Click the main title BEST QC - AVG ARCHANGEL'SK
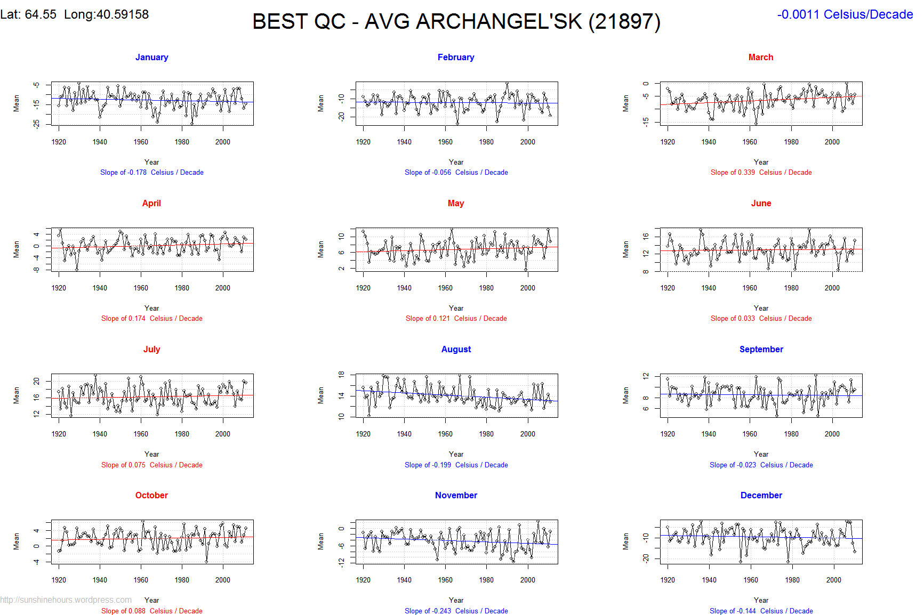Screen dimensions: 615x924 click(456, 22)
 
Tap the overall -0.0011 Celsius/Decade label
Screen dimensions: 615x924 click(845, 14)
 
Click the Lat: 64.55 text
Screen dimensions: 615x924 click(28, 14)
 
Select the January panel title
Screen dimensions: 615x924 click(151, 57)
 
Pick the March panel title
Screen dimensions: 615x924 click(760, 57)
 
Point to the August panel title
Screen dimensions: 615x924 click(456, 349)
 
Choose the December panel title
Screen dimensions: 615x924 click(761, 495)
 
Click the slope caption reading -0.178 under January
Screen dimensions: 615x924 click(151, 172)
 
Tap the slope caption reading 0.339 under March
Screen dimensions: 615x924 click(761, 172)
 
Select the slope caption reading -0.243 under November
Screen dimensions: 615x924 click(456, 611)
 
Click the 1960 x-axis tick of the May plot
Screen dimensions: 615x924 click(445, 288)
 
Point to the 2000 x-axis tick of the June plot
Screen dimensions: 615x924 click(832, 288)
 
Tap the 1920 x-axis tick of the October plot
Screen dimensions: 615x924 click(59, 580)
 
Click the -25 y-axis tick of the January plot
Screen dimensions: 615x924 click(36, 124)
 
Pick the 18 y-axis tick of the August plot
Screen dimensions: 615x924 click(341, 374)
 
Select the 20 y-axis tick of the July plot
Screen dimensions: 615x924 click(36, 381)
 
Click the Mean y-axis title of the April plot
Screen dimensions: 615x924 click(17, 249)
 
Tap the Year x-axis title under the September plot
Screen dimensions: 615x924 click(761, 454)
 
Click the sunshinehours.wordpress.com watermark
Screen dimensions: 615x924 click(66, 600)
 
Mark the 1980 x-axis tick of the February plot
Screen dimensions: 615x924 click(486, 142)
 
